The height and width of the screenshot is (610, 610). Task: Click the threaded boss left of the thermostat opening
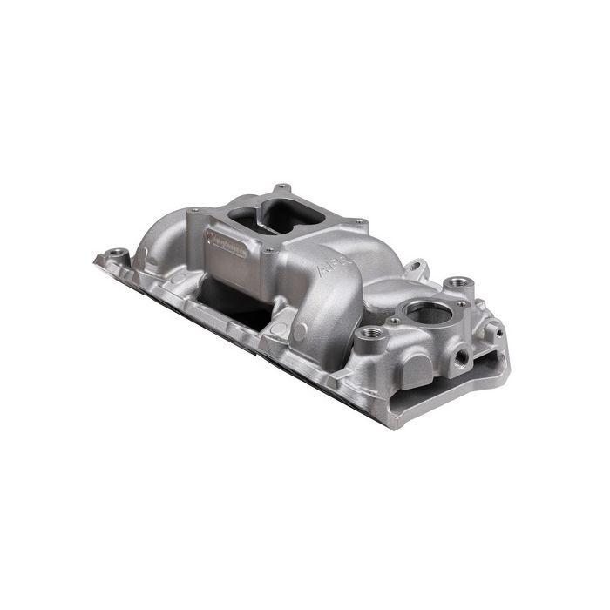[367, 334]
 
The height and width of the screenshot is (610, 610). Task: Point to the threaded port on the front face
[459, 356]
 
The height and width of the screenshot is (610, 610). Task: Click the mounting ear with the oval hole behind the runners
[416, 265]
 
